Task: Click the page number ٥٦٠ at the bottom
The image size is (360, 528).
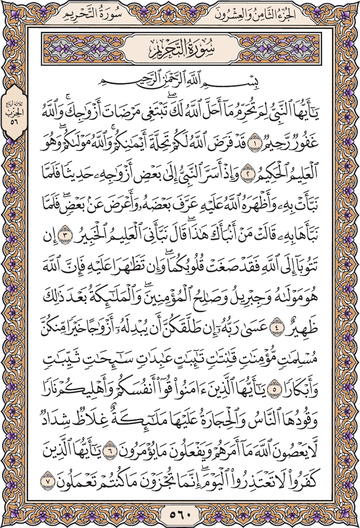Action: [179, 515]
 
